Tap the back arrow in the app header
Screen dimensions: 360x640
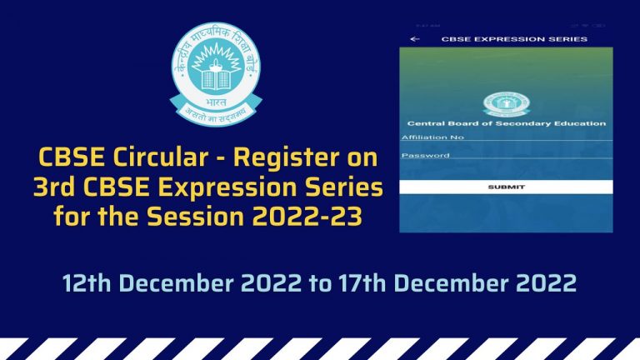[x=414, y=39]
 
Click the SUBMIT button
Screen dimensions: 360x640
[x=506, y=187]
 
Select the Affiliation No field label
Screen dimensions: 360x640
[x=432, y=137]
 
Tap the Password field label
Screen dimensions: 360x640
[x=425, y=155]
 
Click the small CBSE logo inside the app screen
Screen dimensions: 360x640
[x=506, y=104]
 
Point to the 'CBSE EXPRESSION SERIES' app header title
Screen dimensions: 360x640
[x=513, y=39]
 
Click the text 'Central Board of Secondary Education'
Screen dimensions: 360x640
[x=506, y=123]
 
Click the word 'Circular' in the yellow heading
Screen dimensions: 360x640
[x=147, y=157]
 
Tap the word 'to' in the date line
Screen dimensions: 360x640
[x=320, y=282]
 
